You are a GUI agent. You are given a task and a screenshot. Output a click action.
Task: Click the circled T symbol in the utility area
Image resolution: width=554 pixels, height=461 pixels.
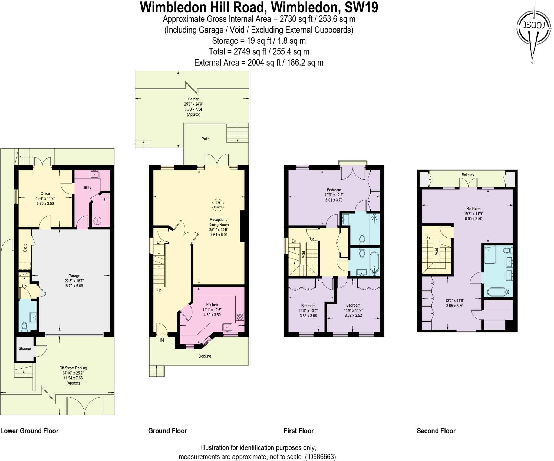tap(97, 221)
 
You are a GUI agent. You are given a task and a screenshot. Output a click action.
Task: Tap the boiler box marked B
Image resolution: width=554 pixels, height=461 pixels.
tap(105, 199)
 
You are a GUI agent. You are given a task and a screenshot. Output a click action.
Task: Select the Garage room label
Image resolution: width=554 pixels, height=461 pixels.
tap(74, 276)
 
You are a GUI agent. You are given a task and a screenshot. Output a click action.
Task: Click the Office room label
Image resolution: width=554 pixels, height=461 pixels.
tap(45, 193)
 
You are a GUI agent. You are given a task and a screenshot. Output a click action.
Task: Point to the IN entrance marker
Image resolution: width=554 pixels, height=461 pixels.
tap(162, 340)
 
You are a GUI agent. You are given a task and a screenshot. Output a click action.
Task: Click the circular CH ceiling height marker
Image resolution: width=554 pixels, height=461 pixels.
tap(218, 205)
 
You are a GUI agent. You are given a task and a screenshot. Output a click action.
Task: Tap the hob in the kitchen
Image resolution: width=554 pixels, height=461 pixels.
tap(240, 317)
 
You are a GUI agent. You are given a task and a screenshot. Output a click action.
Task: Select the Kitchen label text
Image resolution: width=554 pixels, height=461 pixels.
tap(212, 305)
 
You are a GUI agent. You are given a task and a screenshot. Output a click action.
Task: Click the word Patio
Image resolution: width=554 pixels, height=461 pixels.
tap(205, 139)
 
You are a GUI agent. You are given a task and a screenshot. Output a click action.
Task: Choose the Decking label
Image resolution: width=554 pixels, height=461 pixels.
tap(205, 356)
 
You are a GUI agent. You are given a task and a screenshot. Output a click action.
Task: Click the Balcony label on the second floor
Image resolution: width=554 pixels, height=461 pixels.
tap(468, 175)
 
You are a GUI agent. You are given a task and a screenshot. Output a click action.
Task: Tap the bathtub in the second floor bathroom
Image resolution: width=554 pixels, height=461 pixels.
tap(497, 292)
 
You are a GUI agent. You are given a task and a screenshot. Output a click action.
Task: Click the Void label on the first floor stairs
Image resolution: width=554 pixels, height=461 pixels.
tap(304, 254)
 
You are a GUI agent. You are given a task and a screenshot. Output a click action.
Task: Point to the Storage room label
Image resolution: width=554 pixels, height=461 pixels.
tap(25, 348)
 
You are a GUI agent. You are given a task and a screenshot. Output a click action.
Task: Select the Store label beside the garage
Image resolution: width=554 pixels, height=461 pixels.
tap(25, 248)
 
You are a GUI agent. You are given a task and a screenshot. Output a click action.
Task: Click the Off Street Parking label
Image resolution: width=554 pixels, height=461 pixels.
tap(73, 368)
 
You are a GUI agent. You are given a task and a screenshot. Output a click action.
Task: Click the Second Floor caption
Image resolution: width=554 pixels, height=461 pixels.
tap(436, 431)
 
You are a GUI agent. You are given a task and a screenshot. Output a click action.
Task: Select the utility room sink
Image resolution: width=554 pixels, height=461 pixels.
tap(95, 174)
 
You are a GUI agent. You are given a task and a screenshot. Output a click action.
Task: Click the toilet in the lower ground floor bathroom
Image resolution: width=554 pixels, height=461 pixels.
tap(24, 326)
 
